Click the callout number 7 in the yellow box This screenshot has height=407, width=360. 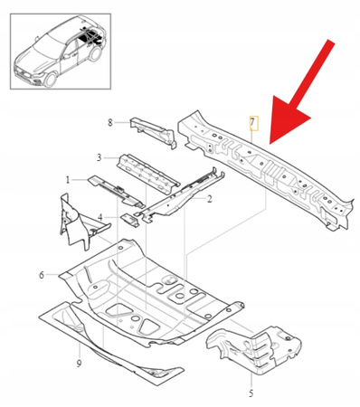[253, 123]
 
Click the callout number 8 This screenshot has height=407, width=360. [110, 122]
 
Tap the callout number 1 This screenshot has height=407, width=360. [66, 179]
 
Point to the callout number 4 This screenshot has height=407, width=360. [100, 217]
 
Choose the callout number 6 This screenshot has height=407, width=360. [42, 273]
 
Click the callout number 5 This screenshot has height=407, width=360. [251, 393]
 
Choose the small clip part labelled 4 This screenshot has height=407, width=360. [131, 218]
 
